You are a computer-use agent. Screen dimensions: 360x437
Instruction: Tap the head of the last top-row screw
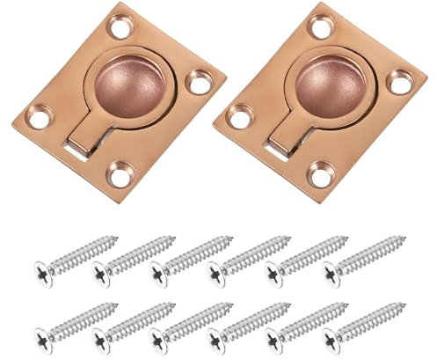332,268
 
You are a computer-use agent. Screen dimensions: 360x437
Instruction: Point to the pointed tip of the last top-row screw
405,237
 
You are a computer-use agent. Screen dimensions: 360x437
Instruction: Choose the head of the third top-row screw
158,268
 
